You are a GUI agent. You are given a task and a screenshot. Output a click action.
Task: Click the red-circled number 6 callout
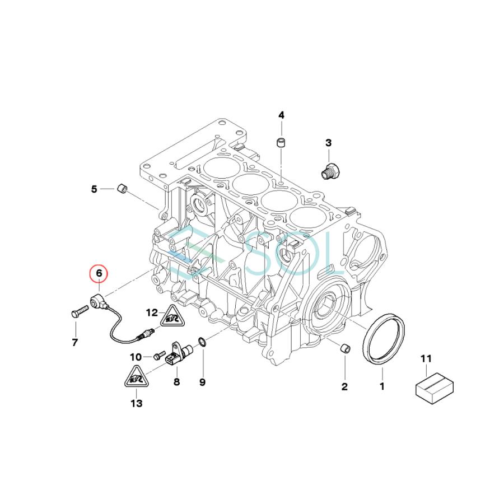point(99,273)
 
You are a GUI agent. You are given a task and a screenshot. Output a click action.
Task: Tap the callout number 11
point(426,358)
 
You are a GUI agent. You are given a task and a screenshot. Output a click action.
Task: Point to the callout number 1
point(382,386)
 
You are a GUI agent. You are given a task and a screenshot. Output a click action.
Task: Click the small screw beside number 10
point(157,356)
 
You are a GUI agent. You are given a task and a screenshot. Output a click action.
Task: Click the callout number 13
point(136,403)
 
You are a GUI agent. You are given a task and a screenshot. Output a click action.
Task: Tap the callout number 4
point(282,115)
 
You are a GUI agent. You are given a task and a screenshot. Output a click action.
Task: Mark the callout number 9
point(202,382)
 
